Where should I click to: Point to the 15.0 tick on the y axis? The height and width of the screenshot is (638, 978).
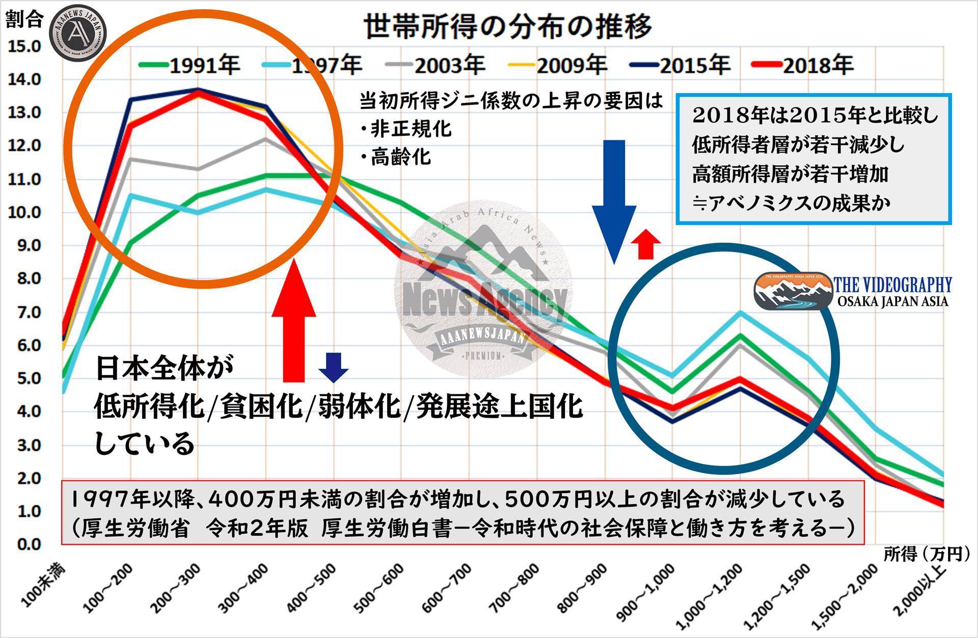click(x=23, y=47)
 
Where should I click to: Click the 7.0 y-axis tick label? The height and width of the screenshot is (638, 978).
click(x=23, y=312)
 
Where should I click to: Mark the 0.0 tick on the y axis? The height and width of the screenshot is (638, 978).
click(x=23, y=544)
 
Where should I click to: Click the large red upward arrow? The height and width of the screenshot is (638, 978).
click(x=294, y=321)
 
